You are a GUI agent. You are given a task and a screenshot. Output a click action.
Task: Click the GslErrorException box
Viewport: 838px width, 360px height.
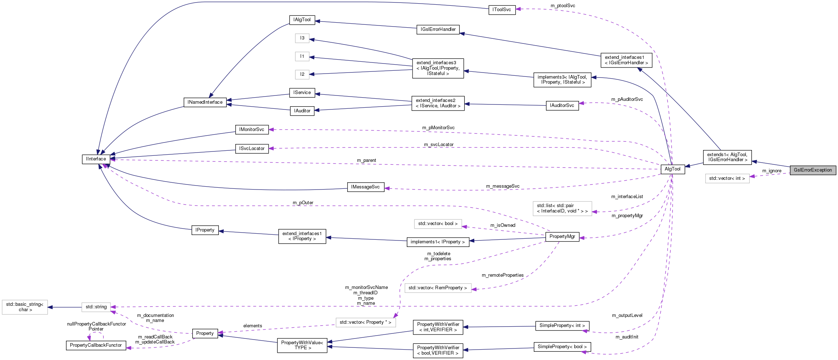tap(813, 170)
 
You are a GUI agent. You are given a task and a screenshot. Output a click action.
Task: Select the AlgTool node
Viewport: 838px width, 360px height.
tap(672, 169)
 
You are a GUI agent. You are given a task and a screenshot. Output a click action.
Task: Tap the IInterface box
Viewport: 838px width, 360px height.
tap(96, 159)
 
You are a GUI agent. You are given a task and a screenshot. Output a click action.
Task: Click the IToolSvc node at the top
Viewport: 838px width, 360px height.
tap(502, 10)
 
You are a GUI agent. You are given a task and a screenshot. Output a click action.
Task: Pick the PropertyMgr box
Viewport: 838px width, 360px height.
tap(562, 237)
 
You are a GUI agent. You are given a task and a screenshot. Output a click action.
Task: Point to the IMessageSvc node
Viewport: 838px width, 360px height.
tap(365, 187)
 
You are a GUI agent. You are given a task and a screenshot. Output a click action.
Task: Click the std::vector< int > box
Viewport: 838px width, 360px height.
tap(727, 178)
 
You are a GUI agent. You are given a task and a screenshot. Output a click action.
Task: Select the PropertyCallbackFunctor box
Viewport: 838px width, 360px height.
tap(96, 345)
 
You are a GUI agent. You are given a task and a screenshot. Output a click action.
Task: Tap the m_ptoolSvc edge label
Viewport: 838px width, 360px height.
tap(562, 6)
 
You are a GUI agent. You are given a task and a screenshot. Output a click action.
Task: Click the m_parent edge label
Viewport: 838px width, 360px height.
tap(366, 160)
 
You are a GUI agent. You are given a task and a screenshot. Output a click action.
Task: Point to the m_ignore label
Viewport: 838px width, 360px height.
tap(772, 171)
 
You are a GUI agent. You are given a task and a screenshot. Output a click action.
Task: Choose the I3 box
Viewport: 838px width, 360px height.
tap(302, 38)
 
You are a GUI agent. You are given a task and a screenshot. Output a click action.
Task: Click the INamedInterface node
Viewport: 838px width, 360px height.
tap(205, 102)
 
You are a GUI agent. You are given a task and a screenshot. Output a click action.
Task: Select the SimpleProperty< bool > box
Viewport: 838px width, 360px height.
tap(562, 347)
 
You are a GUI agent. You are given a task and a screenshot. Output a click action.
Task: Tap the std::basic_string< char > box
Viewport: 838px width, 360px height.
tap(25, 307)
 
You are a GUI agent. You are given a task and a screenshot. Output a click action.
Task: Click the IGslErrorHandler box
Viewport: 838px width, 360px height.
tap(438, 29)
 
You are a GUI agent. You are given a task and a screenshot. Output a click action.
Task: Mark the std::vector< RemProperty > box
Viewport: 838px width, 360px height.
tap(438, 288)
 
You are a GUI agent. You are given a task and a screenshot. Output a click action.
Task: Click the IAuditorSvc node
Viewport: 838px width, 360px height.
tap(562, 106)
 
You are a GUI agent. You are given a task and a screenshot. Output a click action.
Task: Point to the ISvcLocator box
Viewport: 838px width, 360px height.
tap(251, 149)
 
